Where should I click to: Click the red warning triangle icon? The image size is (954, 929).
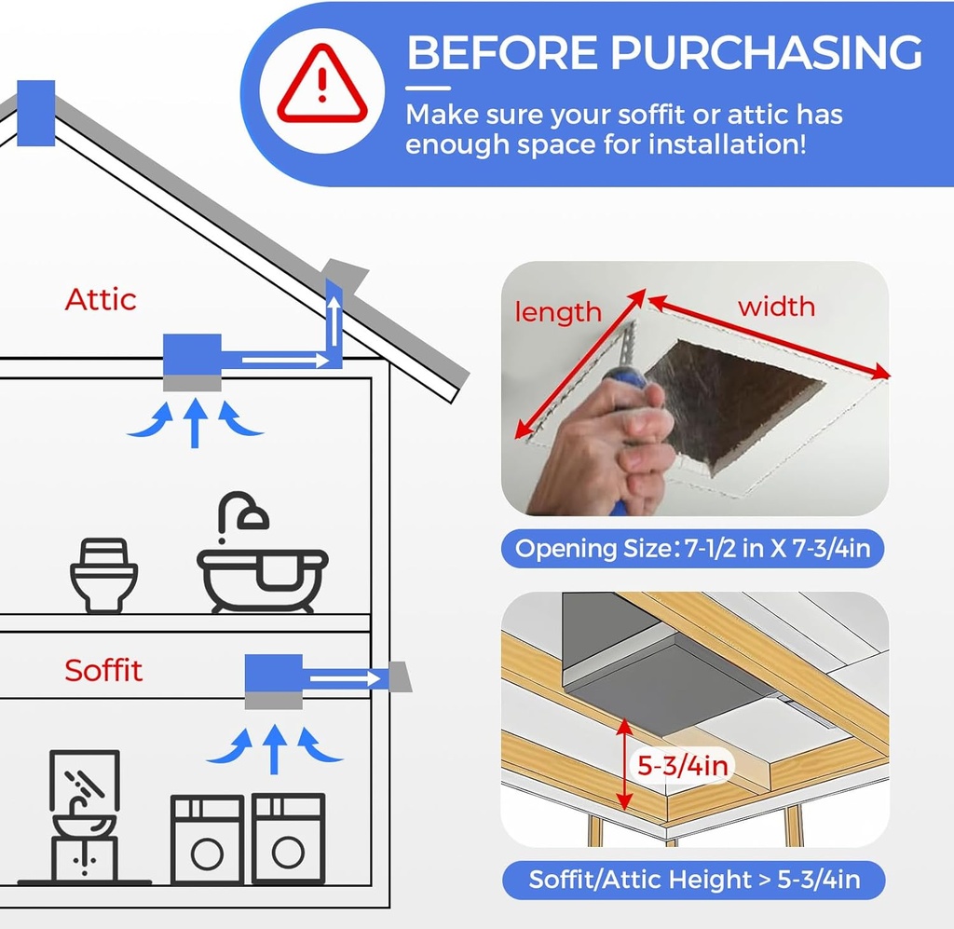[x=321, y=89]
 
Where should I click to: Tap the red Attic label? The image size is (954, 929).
[x=101, y=299]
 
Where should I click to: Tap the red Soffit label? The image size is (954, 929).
[x=103, y=670]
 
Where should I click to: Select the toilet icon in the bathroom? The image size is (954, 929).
[x=103, y=574]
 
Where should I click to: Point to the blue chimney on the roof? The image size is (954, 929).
[x=35, y=113]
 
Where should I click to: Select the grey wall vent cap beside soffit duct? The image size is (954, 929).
[x=400, y=676]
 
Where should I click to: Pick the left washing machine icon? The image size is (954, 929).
[x=207, y=839]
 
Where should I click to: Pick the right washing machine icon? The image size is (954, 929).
[x=289, y=839]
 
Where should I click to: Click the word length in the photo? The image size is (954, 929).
[x=558, y=311]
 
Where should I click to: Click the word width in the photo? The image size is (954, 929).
[x=776, y=306]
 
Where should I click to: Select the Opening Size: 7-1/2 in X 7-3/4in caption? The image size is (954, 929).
[x=693, y=549]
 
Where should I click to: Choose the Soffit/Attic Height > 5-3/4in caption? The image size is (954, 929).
[x=693, y=879]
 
